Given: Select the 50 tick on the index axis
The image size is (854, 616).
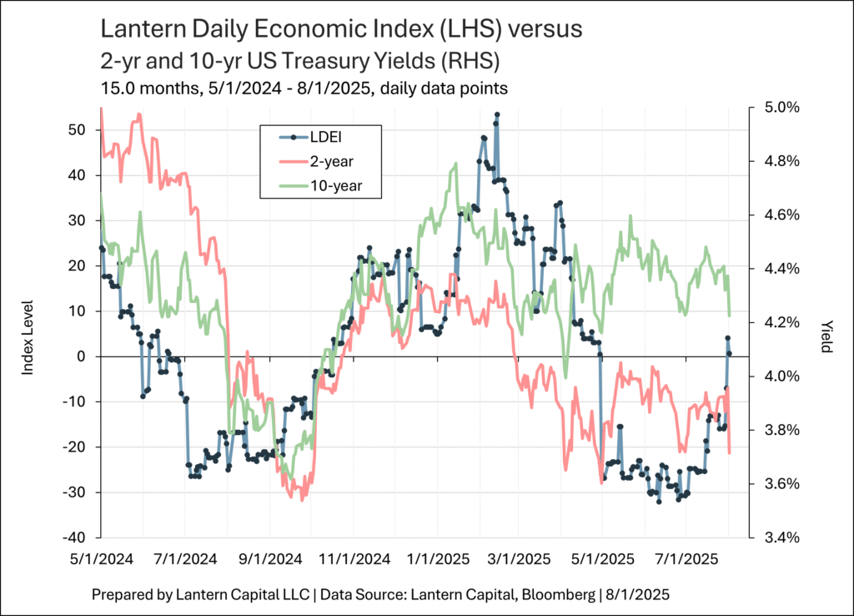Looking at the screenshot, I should click(x=78, y=130).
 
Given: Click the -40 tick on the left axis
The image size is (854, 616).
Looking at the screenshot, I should click(x=74, y=537).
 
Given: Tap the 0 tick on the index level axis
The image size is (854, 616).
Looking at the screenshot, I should click(x=82, y=356).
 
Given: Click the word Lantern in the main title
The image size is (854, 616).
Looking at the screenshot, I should click(x=139, y=30).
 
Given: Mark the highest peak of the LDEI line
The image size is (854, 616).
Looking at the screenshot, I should click(x=496, y=114).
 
